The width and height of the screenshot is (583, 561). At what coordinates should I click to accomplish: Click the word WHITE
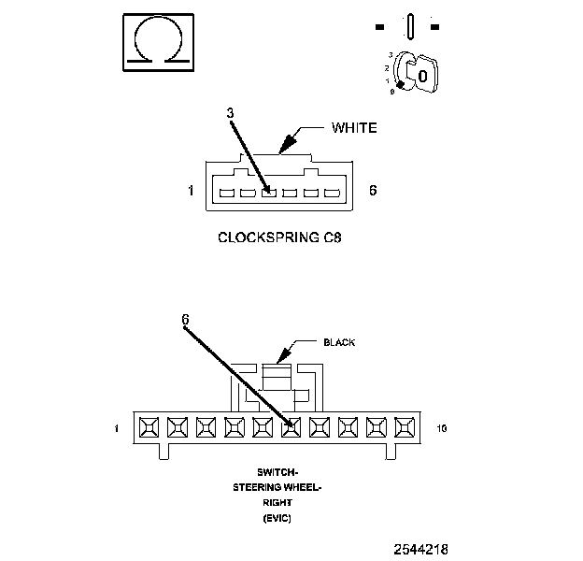(x=354, y=128)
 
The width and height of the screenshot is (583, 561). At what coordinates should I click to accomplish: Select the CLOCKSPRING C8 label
(x=279, y=237)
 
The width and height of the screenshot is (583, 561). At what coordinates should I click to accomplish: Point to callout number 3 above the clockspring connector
(x=231, y=113)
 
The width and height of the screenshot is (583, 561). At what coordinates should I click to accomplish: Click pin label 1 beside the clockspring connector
(x=191, y=191)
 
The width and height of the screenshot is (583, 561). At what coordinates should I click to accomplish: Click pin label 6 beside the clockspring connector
(x=373, y=190)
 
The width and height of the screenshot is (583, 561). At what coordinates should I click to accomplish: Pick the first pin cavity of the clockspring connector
(x=227, y=193)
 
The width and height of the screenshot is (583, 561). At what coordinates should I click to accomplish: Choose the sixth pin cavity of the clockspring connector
(x=333, y=193)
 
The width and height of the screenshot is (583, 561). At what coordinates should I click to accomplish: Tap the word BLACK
(x=339, y=342)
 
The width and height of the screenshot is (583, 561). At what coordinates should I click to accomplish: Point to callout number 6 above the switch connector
(x=185, y=319)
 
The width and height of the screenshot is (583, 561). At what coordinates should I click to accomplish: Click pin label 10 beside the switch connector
(x=442, y=428)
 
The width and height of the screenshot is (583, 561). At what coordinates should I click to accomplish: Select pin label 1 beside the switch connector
(x=117, y=428)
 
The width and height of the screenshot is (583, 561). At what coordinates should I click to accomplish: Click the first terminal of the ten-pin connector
(x=149, y=427)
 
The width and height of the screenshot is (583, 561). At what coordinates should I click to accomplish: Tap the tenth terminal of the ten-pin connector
(x=405, y=427)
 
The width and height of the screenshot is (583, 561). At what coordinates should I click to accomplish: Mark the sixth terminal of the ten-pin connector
(x=291, y=427)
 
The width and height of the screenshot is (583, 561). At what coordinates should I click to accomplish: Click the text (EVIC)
(x=277, y=518)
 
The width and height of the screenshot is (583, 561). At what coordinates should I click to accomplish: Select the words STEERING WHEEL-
(x=277, y=487)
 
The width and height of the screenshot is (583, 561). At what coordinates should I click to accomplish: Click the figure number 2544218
(x=420, y=549)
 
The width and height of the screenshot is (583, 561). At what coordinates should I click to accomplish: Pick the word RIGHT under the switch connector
(x=277, y=503)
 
